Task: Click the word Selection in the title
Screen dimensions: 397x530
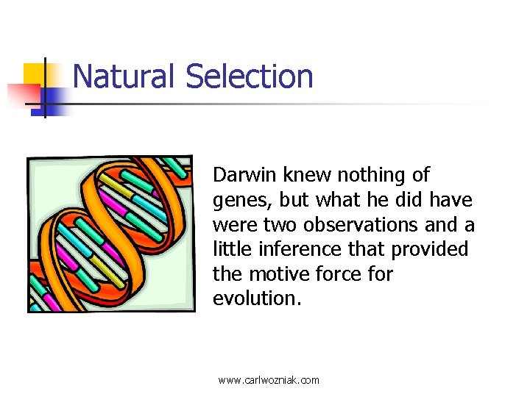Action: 250,76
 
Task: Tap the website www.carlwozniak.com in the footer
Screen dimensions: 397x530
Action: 269,380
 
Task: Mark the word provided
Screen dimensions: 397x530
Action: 429,249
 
